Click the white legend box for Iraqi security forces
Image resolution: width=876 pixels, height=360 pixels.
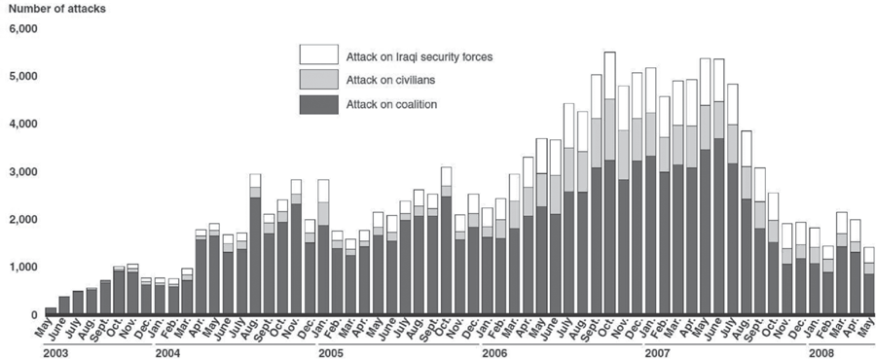tap(319, 54)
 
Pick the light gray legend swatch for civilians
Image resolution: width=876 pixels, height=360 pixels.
tap(319, 79)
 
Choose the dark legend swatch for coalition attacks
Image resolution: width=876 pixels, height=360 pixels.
tap(319, 104)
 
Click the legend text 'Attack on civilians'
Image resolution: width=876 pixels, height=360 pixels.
tap(390, 81)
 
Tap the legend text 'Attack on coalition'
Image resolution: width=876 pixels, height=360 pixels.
tap(391, 104)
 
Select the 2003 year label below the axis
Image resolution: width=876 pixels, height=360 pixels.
tap(55, 353)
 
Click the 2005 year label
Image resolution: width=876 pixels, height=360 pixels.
tap(329, 353)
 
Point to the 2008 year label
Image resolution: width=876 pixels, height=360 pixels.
tap(819, 353)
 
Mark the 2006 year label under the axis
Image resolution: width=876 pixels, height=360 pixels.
tap(493, 353)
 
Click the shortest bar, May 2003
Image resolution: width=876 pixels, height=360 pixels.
tap(51, 311)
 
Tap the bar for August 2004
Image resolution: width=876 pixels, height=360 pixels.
tap(255, 244)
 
